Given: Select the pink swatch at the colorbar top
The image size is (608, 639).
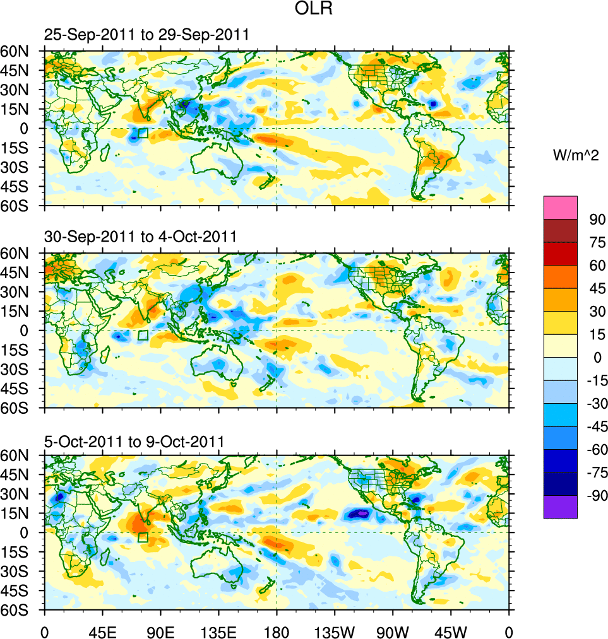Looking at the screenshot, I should pos(561,207).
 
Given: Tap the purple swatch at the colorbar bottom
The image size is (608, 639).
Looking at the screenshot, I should pos(561,507).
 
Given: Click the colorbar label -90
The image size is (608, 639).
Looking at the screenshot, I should pos(595,495).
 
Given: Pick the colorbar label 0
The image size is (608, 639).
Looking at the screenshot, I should pos(593,357).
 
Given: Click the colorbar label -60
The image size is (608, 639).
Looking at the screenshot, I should pos(595,449).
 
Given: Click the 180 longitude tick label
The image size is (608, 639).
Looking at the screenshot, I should pos(277,630).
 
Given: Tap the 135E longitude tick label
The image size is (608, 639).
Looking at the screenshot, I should pos(218,630).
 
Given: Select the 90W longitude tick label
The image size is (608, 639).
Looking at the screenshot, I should pos(393,630).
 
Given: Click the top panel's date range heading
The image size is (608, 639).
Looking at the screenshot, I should pos(146,35).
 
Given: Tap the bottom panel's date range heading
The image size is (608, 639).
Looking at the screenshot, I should pos(134,441).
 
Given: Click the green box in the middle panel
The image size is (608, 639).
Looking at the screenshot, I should pos(143,336).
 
